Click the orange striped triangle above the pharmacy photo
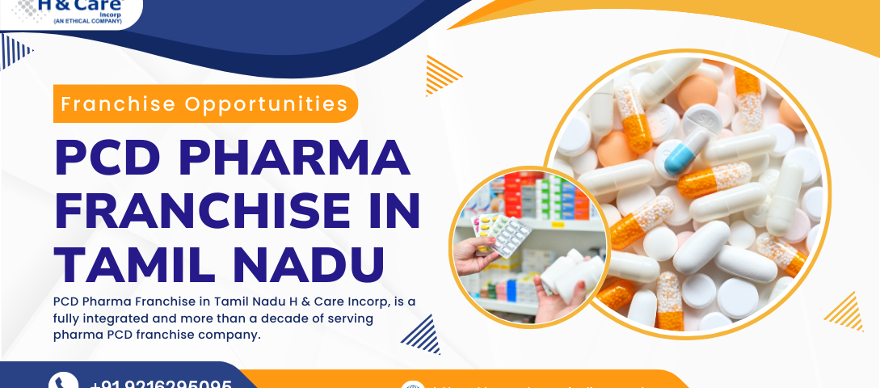pos(443,74)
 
